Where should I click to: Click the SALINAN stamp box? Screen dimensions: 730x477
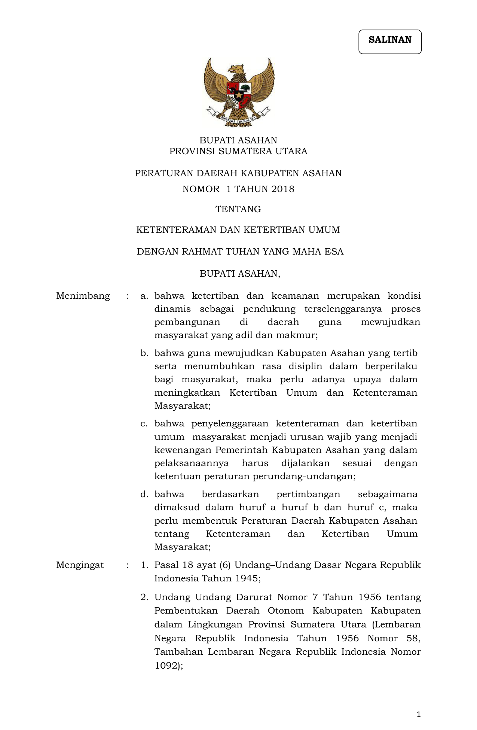point(390,42)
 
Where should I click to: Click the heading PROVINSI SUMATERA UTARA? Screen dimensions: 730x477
point(238,151)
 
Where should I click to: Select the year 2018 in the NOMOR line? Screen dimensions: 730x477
point(283,189)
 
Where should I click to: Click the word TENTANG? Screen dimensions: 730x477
point(238,209)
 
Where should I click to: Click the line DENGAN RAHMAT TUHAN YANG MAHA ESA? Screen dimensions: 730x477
point(240,252)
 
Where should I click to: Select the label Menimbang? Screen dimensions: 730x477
point(83,296)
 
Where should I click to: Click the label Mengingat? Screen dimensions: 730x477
point(80,565)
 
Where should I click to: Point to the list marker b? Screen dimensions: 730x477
point(144,353)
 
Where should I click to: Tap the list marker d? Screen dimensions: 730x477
point(144,495)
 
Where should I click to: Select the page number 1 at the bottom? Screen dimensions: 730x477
point(419,714)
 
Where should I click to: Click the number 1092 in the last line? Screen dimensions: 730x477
point(166,666)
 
